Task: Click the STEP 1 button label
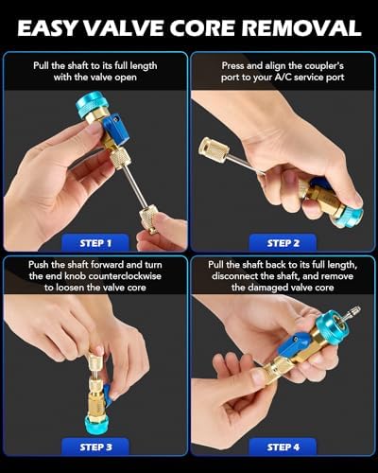coord(95,243)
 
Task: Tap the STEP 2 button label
coord(283,243)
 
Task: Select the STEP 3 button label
coord(95,447)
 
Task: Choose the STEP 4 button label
coord(283,447)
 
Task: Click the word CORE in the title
coord(202,27)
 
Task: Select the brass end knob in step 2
coord(213,150)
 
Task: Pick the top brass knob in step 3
coord(95,361)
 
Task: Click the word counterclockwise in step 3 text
coord(125,276)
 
